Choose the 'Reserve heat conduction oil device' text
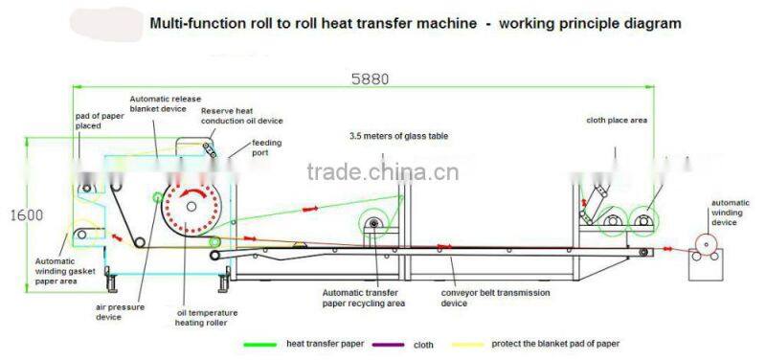coord(241,116)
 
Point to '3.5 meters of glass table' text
coord(398,136)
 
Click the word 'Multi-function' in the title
coord(194,24)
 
